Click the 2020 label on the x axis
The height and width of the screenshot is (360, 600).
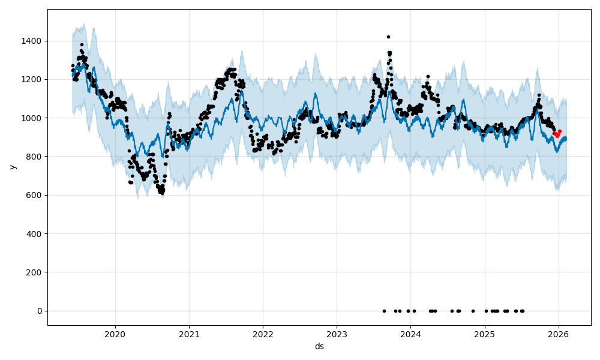[x=115, y=334]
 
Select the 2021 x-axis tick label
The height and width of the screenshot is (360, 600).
[x=189, y=334]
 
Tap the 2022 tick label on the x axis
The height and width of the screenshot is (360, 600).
[x=263, y=334]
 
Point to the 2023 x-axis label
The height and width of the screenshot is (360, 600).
[x=337, y=334]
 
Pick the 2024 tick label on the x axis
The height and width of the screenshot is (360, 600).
[x=410, y=334]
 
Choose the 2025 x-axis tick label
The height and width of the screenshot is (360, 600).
[x=485, y=334]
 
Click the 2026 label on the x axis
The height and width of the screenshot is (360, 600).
[x=559, y=334]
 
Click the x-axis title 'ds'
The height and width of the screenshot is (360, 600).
[x=319, y=346]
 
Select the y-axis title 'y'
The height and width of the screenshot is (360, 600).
[x=11, y=167]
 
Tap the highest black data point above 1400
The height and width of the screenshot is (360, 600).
[x=388, y=37]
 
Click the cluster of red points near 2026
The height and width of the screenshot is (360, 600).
[x=557, y=133]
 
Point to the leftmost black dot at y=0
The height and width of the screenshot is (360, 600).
[x=384, y=311]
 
